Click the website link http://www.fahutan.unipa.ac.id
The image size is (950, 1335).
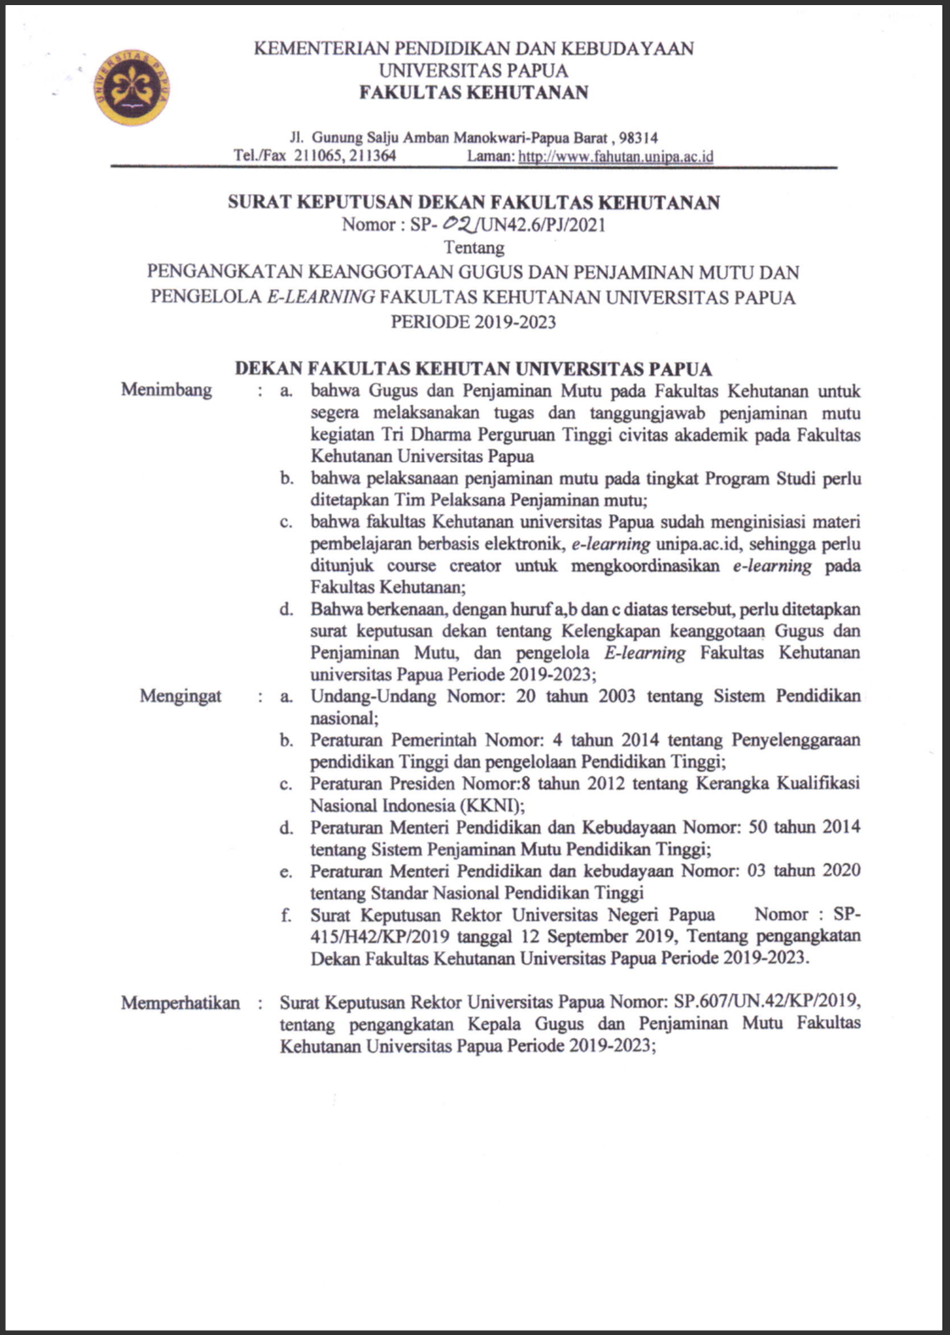616,156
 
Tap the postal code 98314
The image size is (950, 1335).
639,136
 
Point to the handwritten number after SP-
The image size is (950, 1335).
462,224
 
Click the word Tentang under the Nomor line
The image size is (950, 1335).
474,247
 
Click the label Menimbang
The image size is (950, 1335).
166,391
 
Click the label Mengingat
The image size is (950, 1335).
180,696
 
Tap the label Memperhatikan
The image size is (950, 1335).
180,1003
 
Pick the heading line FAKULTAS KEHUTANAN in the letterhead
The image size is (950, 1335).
473,92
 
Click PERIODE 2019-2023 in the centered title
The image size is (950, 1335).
473,321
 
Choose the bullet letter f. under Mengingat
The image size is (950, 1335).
286,915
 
